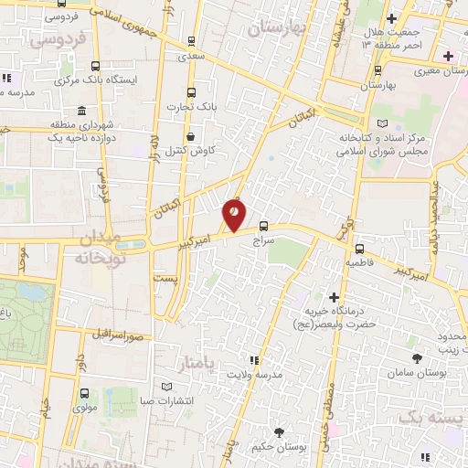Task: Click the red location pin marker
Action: pos(234,214)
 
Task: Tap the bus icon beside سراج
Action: pos(264,225)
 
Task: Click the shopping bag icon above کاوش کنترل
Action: pos(188,136)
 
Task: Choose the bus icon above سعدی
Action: pos(190,40)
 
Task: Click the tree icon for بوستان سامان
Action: pos(418,359)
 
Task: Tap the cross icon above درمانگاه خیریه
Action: pos(334,297)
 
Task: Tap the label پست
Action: pos(164,276)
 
